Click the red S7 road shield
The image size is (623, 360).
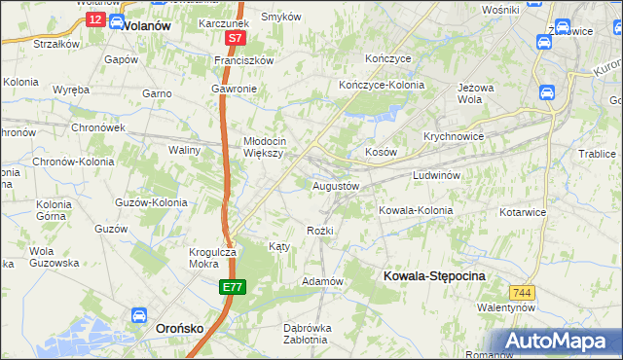tap(235, 38)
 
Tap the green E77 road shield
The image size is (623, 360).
tap(232, 287)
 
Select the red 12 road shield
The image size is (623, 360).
tap(94, 19)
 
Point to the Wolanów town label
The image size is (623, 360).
tap(146, 26)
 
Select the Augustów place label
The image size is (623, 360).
tap(336, 185)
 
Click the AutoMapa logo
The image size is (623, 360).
tap(559, 341)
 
